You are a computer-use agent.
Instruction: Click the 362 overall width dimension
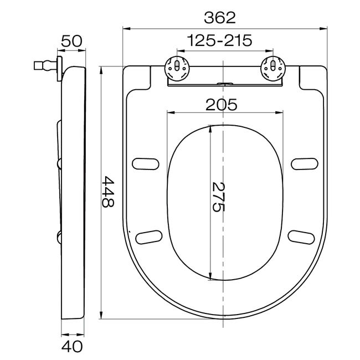[x=220, y=18]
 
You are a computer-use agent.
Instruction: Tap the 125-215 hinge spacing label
[x=220, y=40]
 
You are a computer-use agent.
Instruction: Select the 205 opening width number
[x=221, y=105]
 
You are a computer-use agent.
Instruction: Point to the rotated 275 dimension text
[x=218, y=197]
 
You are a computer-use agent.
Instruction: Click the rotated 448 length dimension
[x=107, y=192]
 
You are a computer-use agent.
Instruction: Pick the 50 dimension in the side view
[x=71, y=41]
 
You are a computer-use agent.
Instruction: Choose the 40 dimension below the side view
[x=71, y=347]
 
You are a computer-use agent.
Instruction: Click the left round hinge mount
[x=177, y=68]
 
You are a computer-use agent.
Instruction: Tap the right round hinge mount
[x=273, y=68]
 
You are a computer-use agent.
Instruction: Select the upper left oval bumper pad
[x=146, y=164]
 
